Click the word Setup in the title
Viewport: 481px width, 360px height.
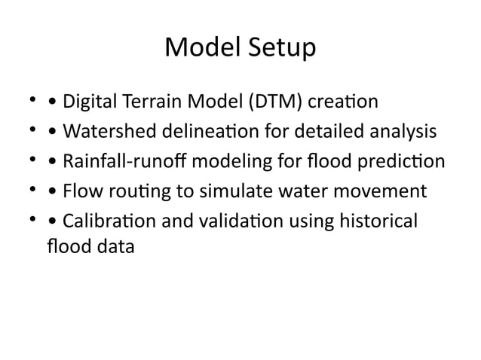coord(279,50)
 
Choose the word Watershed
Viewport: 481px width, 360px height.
coord(109,132)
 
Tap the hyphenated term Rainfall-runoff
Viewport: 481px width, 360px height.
coord(122,163)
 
